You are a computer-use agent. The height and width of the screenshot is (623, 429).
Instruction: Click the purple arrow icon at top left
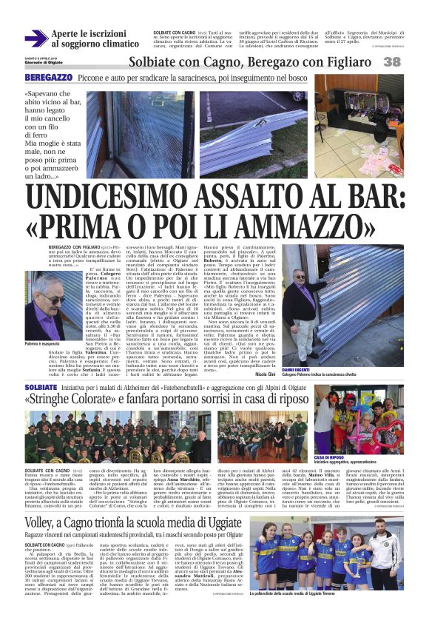[35, 38]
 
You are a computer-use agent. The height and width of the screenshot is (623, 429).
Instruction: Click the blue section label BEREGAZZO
[48, 78]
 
